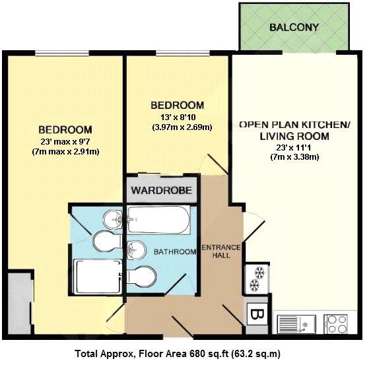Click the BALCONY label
click(294, 27)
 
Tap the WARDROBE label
click(162, 190)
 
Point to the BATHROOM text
click(175, 252)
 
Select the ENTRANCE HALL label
click(221, 251)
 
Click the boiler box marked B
click(257, 314)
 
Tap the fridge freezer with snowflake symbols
click(257, 279)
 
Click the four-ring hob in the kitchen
click(335, 324)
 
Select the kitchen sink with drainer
click(296, 324)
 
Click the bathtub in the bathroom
click(158, 220)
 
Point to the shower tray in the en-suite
click(98, 277)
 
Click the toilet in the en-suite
click(108, 241)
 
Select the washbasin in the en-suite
click(113, 219)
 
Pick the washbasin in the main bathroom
click(137, 250)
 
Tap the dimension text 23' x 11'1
click(294, 148)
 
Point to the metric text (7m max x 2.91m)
click(65, 152)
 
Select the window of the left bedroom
click(62, 53)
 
